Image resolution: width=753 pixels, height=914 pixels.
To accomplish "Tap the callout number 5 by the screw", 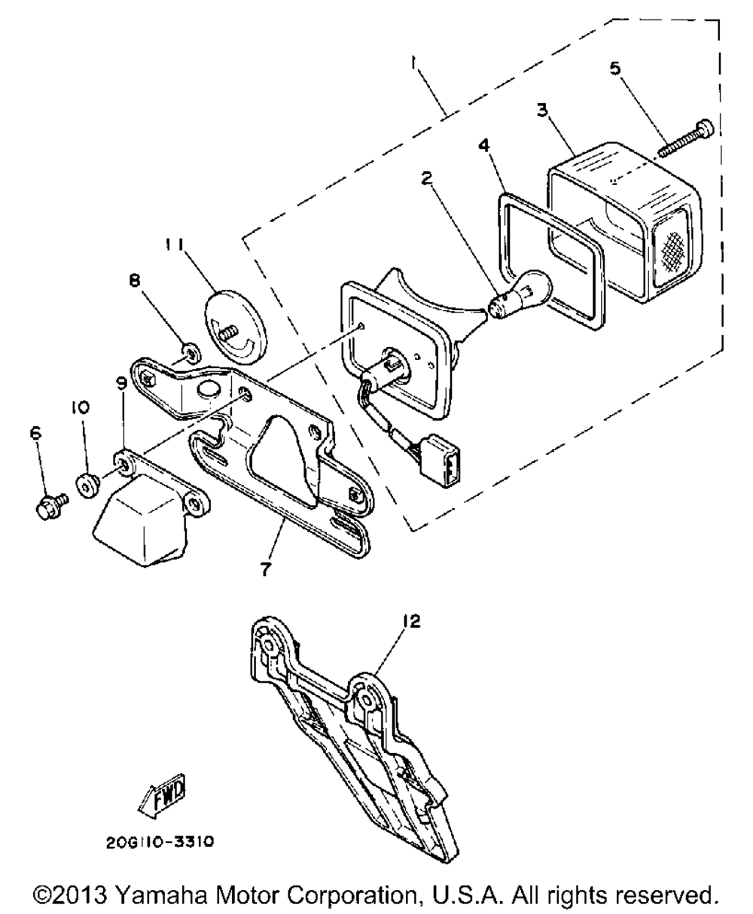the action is (x=614, y=69).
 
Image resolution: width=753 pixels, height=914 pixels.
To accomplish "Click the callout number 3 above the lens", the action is (x=542, y=110).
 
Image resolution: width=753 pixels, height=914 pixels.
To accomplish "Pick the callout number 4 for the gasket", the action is (x=483, y=145).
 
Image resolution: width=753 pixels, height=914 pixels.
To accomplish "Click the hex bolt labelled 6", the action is (x=51, y=507).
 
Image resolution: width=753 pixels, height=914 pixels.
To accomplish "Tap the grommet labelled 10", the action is (x=88, y=486).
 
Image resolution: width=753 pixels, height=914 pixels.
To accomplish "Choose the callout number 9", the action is (x=121, y=382).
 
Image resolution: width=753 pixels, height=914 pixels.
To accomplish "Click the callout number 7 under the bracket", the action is (x=265, y=569).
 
